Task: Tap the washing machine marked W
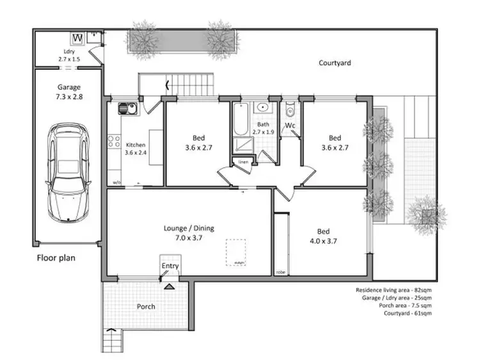point(77,38)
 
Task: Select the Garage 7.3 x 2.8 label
point(68,92)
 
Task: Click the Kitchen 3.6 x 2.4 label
point(136,149)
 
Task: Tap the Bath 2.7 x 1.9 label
point(264,128)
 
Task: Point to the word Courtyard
point(335,63)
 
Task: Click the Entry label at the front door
point(170,266)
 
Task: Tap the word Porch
point(146,306)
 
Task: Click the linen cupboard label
point(243,162)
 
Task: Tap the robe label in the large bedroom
point(280,272)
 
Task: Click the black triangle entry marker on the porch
point(168,288)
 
